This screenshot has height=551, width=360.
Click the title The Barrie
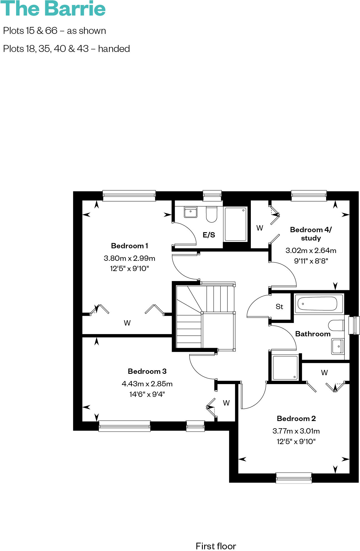pos(53,9)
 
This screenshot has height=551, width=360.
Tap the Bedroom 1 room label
pos(129,246)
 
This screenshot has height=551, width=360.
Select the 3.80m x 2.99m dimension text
pos(129,258)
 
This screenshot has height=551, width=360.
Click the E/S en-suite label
pos(209,235)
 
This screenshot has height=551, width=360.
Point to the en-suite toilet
pos(211,214)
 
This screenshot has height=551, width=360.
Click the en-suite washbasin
pos(191,212)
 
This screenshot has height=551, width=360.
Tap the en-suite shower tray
pos(236,224)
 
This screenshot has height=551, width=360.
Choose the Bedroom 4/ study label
pos(311,234)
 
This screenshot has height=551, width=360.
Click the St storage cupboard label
pos(279,307)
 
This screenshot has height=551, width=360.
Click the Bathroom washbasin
pos(337,346)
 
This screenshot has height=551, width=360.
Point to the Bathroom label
pos(313,334)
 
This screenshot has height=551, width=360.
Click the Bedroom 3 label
pos(147,371)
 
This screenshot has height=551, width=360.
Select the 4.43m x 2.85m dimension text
pos(147,384)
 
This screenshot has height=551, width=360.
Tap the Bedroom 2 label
pos(296,419)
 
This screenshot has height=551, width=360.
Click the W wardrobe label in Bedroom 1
pos(127,323)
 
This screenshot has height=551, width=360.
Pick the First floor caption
pos(216,546)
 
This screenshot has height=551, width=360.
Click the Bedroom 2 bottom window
pos(294,478)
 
